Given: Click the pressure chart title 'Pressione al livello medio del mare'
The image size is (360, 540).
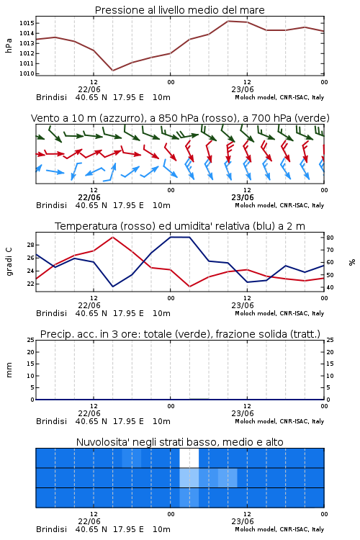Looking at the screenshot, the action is (x=179, y=10).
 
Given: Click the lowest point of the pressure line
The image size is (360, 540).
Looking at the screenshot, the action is (x=112, y=71).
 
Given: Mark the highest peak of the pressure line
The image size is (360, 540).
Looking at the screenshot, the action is (x=228, y=21).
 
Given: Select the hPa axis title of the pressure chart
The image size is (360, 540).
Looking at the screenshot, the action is (x=9, y=45).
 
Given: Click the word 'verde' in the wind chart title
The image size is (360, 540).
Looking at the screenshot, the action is (x=312, y=118).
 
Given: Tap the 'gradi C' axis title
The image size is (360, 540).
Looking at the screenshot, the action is (x=9, y=261).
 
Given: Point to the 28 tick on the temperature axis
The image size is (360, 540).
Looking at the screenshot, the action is (x=31, y=245).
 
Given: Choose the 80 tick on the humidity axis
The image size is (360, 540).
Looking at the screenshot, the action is (x=330, y=238).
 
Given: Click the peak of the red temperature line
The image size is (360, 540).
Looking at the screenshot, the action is (x=112, y=237).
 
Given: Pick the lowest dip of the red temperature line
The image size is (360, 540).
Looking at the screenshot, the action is (x=190, y=287).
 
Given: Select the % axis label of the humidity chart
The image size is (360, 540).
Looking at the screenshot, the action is (x=352, y=262).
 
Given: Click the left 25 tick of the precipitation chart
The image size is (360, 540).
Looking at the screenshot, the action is (x=31, y=340).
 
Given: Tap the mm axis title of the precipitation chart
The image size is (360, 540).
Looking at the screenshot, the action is (x=9, y=370).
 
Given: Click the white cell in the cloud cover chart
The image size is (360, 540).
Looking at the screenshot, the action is (x=189, y=458).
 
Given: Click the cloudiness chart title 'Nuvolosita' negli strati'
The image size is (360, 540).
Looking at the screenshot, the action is (x=128, y=442).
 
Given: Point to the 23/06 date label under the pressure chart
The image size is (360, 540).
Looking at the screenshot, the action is (x=243, y=89).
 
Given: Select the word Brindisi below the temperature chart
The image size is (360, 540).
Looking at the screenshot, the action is (x=51, y=313).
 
